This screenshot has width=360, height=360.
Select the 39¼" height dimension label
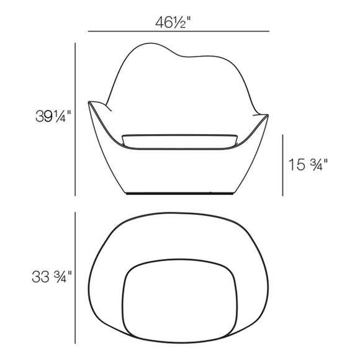coord(53,115)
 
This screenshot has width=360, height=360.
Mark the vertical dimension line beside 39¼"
coord(75,118)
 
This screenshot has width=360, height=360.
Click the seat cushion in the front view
coord(180,140)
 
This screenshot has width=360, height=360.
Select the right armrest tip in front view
coord(267,116)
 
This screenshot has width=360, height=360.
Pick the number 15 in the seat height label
coord(295,164)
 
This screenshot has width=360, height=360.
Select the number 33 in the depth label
coord(41,276)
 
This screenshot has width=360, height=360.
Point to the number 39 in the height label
coord(45,115)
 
